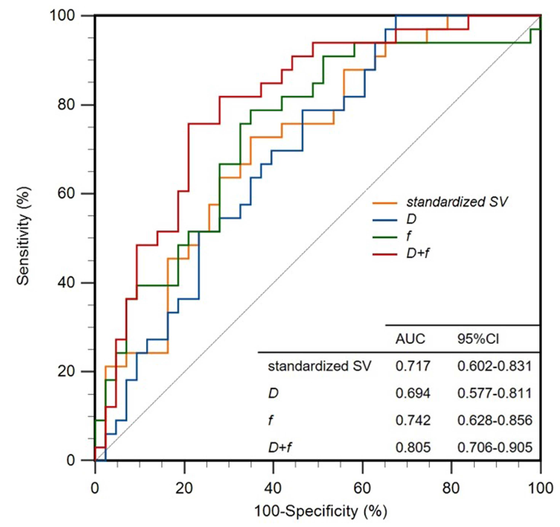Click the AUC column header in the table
(410, 339)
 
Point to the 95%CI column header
(478, 339)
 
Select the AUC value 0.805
(413, 447)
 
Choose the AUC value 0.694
(413, 393)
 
